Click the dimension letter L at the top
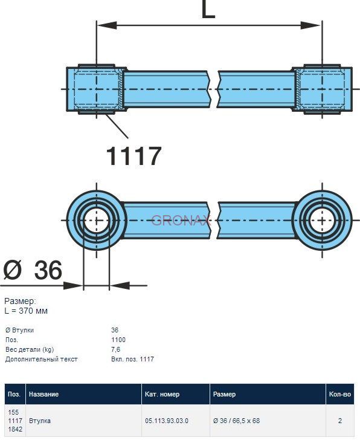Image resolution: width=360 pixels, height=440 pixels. pyautogui.click(x=208, y=9)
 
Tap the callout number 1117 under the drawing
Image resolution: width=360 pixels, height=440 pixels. pyautogui.click(x=133, y=156)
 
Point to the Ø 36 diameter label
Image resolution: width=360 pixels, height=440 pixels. pyautogui.click(x=33, y=270)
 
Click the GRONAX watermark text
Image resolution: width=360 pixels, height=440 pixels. pyautogui.click(x=181, y=220)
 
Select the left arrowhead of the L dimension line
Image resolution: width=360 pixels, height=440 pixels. pyautogui.click(x=107, y=25)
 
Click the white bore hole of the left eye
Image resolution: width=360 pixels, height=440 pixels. pyautogui.click(x=97, y=221)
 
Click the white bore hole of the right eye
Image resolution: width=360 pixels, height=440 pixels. pyautogui.click(x=322, y=221)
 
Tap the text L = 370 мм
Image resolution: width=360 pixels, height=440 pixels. pyautogui.click(x=26, y=311)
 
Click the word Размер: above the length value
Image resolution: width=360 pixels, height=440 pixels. pyautogui.click(x=20, y=302)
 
